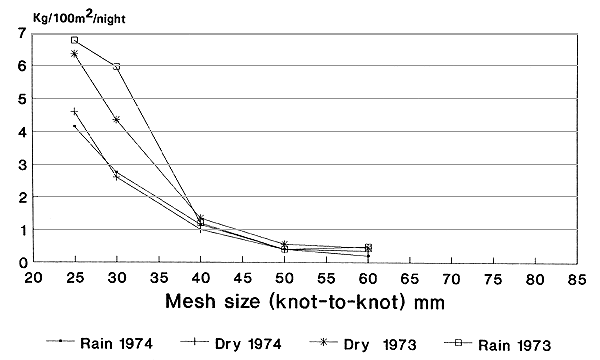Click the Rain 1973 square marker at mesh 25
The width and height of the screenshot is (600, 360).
(75, 40)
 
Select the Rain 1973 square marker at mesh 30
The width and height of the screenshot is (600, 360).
(117, 66)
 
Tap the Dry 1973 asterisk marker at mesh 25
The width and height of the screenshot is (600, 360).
(75, 53)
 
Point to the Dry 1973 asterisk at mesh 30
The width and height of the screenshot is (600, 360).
(117, 119)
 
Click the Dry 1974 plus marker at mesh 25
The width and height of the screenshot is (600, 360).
(75, 111)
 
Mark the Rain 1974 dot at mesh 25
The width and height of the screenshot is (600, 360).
(75, 125)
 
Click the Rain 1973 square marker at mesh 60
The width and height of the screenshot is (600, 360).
(368, 247)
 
